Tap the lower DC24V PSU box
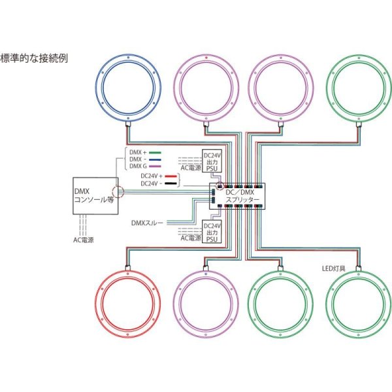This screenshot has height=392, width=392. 212,231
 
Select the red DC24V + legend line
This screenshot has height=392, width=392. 171,176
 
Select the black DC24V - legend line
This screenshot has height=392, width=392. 171,184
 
